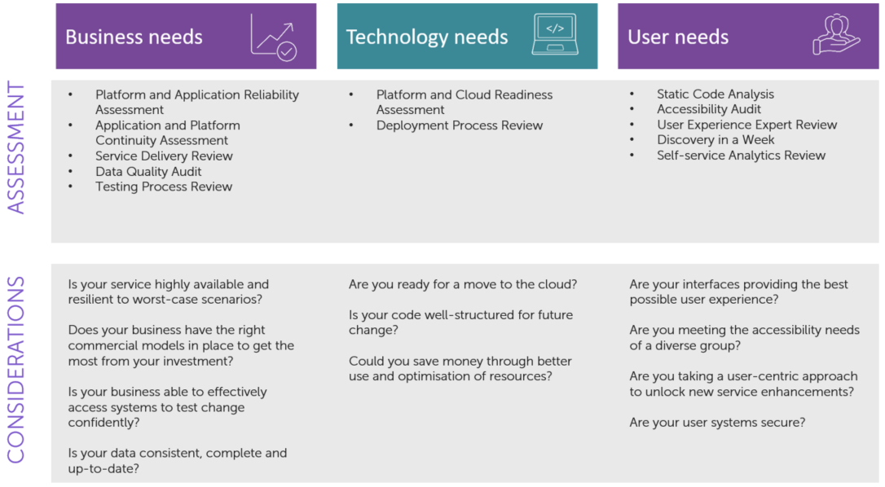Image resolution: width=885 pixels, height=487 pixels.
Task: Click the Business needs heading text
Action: tap(134, 37)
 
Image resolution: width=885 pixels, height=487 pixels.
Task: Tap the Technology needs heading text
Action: tap(427, 37)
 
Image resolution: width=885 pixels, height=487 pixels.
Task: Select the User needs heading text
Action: tap(678, 37)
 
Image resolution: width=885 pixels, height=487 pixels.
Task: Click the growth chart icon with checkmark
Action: tap(274, 37)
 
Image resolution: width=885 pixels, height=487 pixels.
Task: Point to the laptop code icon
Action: tap(555, 34)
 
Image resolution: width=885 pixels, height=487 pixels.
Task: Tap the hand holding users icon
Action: tap(836, 34)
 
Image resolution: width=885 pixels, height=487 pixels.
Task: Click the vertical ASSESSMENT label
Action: tap(16, 148)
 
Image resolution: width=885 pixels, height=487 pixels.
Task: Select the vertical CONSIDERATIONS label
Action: tap(16, 370)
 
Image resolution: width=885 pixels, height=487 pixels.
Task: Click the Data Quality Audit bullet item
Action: tap(147, 172)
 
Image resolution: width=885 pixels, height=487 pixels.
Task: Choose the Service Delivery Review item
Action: tap(164, 156)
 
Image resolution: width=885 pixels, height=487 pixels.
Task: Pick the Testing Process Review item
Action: tap(164, 186)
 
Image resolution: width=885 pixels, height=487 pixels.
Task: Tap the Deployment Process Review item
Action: tap(460, 125)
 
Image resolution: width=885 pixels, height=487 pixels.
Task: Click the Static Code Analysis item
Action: tap(715, 94)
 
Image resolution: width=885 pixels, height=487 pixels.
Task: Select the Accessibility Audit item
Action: tap(708, 109)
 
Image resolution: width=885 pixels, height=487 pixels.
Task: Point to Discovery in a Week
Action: tap(715, 139)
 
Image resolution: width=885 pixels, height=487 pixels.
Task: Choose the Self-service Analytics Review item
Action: tap(741, 156)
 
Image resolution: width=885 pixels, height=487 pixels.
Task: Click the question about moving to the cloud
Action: tap(463, 284)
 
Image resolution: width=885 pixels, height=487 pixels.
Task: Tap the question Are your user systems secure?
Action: tap(717, 423)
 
